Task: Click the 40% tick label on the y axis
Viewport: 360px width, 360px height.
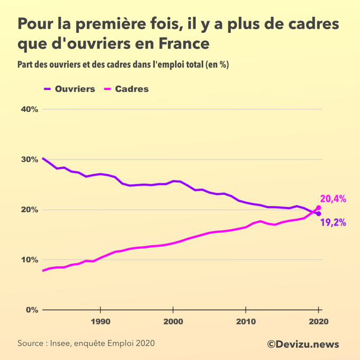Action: pos(30,110)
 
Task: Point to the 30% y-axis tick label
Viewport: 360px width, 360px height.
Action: pos(30,159)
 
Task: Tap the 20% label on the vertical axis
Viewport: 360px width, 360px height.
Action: pos(30,210)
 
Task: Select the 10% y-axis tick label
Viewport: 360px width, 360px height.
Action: pos(30,260)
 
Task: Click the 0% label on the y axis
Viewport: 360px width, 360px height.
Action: pos(32,310)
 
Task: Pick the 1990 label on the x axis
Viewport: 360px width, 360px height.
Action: pos(101,321)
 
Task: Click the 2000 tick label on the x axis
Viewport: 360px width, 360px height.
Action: pos(173,321)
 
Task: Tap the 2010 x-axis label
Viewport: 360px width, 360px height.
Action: pos(246,321)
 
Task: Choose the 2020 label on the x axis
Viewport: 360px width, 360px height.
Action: pos(318,321)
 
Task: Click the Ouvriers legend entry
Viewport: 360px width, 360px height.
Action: pos(75,89)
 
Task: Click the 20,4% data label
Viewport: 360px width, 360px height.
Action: pos(333,199)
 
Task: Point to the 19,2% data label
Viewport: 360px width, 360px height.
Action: pos(333,223)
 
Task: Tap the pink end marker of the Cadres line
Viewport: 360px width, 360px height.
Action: pos(318,208)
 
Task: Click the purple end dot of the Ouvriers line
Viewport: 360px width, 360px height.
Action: pos(318,214)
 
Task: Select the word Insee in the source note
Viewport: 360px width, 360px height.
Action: pos(63,344)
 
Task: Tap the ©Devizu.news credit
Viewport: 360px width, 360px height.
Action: pos(303,344)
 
